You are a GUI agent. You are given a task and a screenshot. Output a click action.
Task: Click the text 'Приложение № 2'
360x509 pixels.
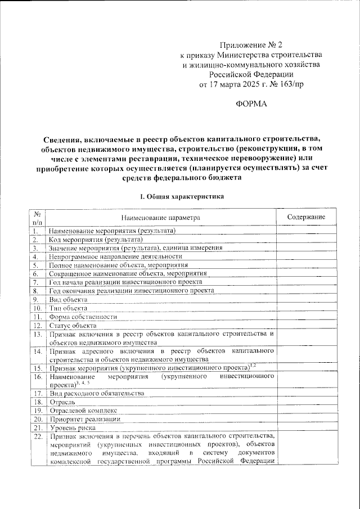point(251,44)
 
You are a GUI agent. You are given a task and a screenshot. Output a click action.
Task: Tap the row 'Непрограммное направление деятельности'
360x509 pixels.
point(112,256)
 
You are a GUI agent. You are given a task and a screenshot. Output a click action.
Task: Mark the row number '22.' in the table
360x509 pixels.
point(37,436)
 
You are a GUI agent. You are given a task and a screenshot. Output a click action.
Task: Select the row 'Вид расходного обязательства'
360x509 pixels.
point(97,394)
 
